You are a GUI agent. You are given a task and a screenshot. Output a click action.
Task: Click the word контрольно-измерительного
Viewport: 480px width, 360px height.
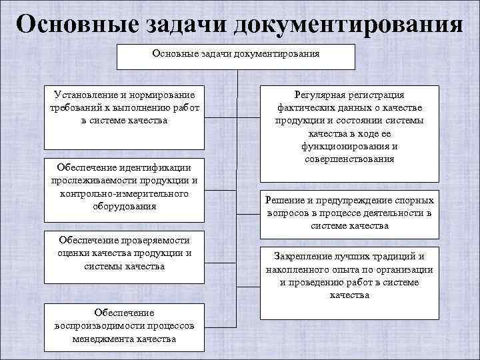(x=123, y=193)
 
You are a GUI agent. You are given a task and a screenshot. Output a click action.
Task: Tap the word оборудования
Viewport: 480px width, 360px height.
(x=123, y=206)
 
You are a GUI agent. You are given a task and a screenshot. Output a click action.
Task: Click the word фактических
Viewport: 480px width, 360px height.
(x=304, y=108)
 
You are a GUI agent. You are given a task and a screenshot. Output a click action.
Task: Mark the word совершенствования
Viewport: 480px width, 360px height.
(x=350, y=159)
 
